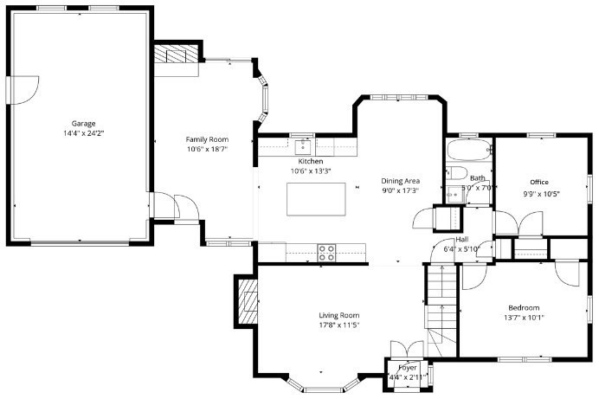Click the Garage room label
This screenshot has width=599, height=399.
83,123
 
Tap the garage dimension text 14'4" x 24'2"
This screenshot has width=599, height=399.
84,133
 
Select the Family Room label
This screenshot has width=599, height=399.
207,139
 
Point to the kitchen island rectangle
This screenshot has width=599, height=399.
316,199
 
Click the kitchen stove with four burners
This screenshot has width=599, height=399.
326,253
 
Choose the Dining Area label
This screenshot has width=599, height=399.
401,181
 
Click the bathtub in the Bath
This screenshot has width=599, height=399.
469,150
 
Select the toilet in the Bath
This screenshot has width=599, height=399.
456,173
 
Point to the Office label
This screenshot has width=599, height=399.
539,182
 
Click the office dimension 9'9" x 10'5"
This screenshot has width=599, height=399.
541,194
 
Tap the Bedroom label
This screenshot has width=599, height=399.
524,308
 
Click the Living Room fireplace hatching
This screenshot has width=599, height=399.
248,302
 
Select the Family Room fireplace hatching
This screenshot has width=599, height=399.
177,54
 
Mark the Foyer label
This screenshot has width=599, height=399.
407,368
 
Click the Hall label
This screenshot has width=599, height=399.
462,240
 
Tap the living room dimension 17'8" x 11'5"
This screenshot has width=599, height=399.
339,325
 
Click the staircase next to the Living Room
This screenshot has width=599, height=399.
441,310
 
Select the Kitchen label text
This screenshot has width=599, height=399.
311,161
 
